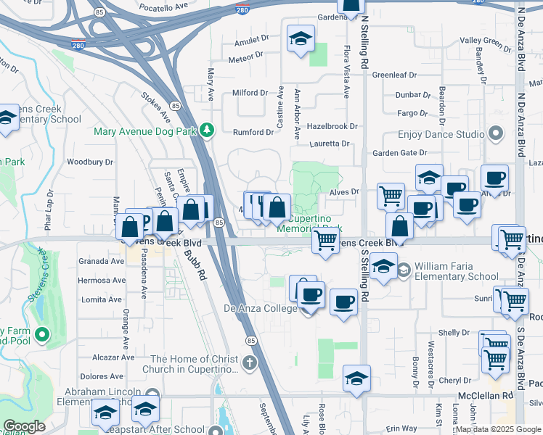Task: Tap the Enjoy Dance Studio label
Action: (x=441, y=135)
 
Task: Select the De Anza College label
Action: (x=260, y=310)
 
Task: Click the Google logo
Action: (x=24, y=427)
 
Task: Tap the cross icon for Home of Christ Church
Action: (x=250, y=362)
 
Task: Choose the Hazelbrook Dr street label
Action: (x=333, y=126)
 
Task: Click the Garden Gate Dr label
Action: (x=400, y=153)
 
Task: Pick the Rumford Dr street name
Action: (x=253, y=133)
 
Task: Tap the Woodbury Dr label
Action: (x=90, y=162)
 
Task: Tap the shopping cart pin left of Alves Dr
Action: (x=391, y=195)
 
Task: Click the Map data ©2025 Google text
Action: (x=497, y=429)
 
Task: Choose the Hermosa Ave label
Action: (x=102, y=281)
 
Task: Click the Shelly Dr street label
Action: (x=454, y=333)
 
